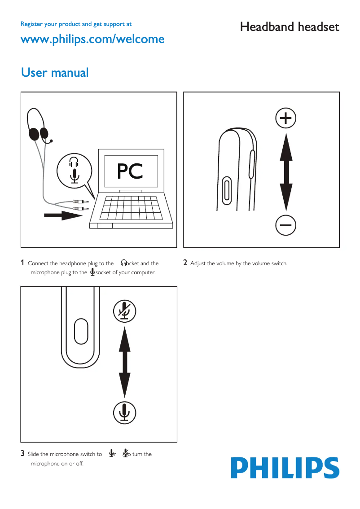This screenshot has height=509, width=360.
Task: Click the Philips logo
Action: [285, 468]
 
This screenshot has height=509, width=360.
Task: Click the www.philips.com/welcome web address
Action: [92, 39]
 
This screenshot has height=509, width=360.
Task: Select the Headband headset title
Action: [290, 27]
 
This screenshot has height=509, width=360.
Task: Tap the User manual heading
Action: [55, 72]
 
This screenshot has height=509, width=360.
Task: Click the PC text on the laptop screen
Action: [130, 171]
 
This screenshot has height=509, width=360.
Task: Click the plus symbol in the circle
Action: [285, 118]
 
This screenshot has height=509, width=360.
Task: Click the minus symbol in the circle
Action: [285, 224]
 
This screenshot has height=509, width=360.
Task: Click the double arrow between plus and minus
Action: [285, 171]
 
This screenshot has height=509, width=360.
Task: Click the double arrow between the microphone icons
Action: [125, 360]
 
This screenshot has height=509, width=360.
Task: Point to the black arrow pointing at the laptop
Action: [63, 216]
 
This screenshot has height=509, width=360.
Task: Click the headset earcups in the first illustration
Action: [39, 133]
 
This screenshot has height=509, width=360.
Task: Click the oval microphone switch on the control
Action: [81, 332]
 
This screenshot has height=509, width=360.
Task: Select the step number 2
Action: [185, 263]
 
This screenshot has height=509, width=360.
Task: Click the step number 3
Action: [22, 453]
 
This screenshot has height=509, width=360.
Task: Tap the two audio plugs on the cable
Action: [81, 206]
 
